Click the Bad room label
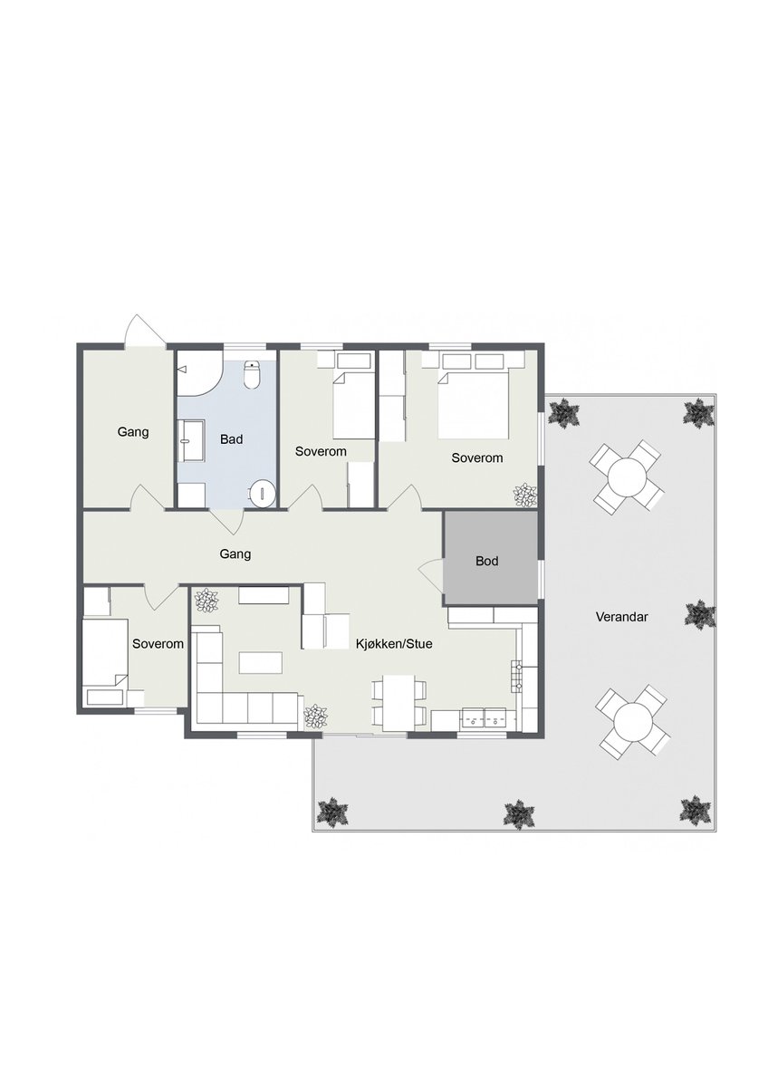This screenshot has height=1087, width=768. (231, 439)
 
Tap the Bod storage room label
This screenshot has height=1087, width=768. (486, 561)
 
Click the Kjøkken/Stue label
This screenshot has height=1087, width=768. (394, 644)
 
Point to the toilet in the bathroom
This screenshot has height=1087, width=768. (252, 375)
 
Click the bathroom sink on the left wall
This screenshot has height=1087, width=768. (191, 441)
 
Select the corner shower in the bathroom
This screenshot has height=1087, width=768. (199, 372)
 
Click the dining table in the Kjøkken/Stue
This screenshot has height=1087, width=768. (398, 703)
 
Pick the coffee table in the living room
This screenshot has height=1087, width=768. (261, 663)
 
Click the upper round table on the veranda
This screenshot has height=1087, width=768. (627, 476)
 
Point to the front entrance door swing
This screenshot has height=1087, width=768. (144, 330)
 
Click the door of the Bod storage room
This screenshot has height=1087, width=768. (431, 575)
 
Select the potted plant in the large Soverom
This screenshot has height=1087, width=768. (525, 495)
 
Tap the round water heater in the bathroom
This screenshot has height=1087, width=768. (263, 494)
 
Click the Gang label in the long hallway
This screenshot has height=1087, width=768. (235, 553)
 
